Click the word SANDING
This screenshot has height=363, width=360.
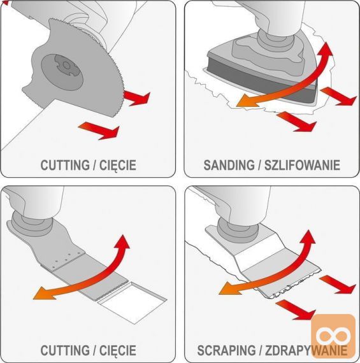228,165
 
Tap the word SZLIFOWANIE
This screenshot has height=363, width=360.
302,165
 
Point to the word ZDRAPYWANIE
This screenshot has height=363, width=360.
306,350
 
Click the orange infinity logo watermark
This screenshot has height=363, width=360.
333,335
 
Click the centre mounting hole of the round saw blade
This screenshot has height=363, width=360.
66,66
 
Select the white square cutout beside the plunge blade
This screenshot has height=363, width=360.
133,302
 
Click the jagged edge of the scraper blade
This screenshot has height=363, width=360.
292,287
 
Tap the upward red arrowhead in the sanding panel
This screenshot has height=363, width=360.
326,50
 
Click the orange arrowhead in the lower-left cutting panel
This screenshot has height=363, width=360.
44,294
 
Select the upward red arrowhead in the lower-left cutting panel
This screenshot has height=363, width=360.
123,243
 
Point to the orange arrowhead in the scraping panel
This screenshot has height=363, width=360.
230,288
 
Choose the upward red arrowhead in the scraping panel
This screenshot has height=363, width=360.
308,238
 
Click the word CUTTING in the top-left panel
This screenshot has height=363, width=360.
65,165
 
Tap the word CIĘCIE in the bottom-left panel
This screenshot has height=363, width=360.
118,350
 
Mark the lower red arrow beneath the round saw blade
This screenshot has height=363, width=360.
99,131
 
